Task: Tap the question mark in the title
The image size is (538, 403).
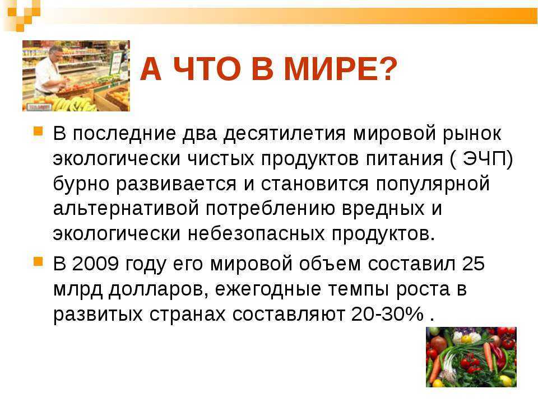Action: click(x=386, y=69)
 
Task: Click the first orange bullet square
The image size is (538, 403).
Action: click(x=38, y=131)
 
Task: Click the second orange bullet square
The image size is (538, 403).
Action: click(x=38, y=262)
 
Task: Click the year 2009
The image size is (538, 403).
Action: click(x=96, y=264)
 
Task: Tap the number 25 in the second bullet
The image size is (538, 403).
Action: click(x=474, y=264)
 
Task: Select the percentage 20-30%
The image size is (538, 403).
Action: click(x=387, y=313)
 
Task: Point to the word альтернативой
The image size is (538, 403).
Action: click(x=126, y=209)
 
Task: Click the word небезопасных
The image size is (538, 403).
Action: click(x=256, y=234)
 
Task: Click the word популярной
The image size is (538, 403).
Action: click(x=432, y=184)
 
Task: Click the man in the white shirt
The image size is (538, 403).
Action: click(x=50, y=71)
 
